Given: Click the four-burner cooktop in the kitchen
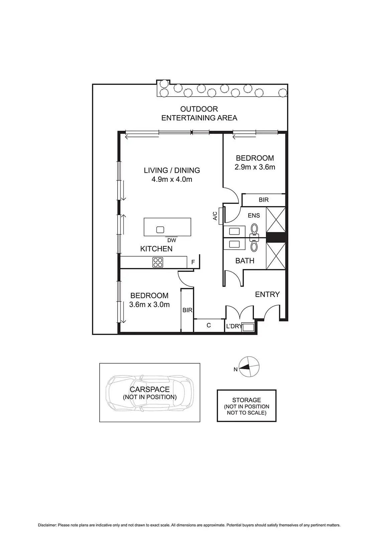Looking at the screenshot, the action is tap(158, 262).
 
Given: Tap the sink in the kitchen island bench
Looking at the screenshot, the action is tap(160, 230).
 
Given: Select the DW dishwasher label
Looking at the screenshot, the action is tap(171, 240).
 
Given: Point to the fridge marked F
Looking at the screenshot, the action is tap(193, 262).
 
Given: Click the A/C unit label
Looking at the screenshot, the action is tap(215, 216).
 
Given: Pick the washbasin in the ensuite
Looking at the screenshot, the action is tap(234, 231).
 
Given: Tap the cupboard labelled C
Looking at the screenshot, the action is tap(209, 325).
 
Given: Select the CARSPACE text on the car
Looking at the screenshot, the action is tap(149, 389).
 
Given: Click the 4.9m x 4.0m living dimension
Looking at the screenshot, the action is tap(172, 179).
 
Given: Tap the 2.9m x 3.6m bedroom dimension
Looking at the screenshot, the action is tap(255, 167).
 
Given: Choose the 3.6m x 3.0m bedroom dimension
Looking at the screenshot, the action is tap(149, 305).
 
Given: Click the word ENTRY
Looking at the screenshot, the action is tap(267, 294).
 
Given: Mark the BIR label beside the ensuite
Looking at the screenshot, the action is tap(264, 200).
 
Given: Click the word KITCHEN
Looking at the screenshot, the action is tap(156, 249).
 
